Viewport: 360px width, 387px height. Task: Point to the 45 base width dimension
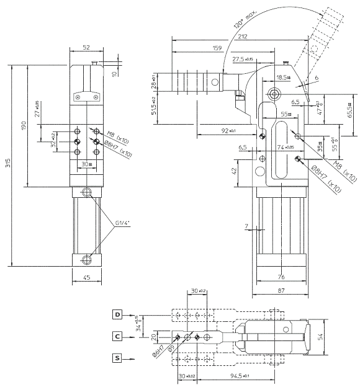pos(86,278)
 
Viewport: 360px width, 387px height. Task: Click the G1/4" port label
pos(122,222)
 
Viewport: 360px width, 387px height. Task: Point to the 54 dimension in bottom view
pos(338,337)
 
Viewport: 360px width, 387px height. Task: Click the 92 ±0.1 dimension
pos(229,131)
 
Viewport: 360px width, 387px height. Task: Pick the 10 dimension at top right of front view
pos(114,74)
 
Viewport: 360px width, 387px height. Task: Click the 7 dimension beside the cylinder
pos(246,226)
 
